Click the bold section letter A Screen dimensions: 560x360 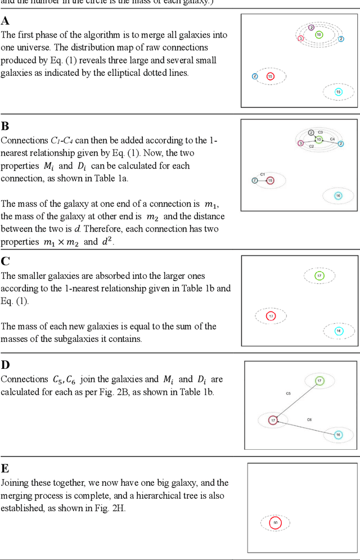[x=5, y=21]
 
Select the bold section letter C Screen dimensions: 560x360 [x=5, y=261]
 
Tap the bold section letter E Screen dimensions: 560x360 [x=5, y=468]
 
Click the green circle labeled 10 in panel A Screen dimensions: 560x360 [x=319, y=35]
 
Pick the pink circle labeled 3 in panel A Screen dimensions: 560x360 [x=301, y=38]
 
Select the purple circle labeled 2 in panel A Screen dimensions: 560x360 [x=311, y=27]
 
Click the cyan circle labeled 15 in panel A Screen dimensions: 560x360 [x=338, y=92]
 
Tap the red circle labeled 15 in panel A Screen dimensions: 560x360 [x=270, y=76]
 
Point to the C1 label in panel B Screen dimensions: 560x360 [x=263, y=174]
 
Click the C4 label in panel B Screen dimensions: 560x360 [x=332, y=138]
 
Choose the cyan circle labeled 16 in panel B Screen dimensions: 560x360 [x=338, y=196]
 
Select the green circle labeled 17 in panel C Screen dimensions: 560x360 [x=319, y=276]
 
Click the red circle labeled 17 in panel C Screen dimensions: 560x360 [x=271, y=317]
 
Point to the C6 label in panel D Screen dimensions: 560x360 [x=309, y=419]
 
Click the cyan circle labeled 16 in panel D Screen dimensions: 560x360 [x=338, y=435]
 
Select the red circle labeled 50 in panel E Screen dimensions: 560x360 [x=275, y=523]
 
